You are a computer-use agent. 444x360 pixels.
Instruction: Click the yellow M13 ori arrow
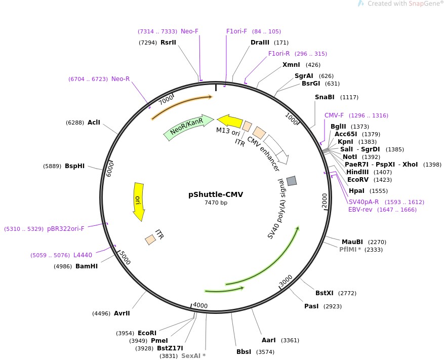[230, 121]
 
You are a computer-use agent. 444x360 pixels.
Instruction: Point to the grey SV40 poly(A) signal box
[291, 181]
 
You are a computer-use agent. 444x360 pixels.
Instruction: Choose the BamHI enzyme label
[86, 266]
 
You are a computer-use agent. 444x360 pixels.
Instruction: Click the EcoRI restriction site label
[147, 333]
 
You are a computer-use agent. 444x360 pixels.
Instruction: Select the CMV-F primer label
[334, 115]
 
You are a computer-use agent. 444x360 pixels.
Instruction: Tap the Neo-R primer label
[120, 79]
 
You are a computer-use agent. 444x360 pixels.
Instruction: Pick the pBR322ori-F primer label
[66, 229]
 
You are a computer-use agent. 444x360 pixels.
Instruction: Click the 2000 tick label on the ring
[325, 201]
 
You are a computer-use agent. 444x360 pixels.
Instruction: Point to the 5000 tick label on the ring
[124, 258]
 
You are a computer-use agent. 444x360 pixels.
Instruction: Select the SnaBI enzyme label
[325, 97]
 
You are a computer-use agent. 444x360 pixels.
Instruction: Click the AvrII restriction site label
[122, 313]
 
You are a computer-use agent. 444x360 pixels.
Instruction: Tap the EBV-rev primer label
[360, 210]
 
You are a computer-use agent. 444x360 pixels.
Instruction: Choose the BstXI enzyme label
[325, 293]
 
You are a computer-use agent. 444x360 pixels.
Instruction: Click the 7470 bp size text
[216, 203]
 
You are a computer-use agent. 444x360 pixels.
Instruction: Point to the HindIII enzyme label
[357, 172]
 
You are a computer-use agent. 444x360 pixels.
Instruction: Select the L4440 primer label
[83, 255]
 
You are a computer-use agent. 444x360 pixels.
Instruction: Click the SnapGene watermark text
[405, 4]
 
